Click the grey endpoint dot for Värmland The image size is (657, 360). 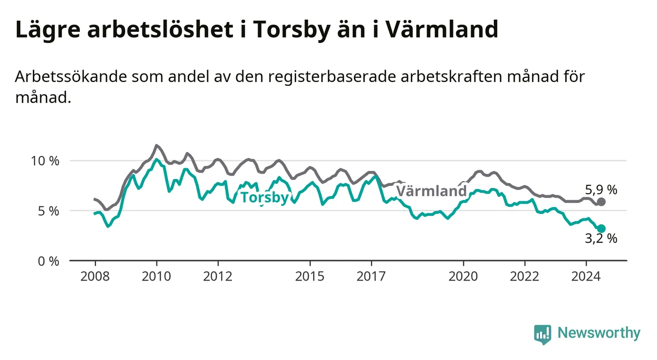[601, 202]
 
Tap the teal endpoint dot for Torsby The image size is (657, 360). [601, 229]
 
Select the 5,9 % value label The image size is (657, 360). [601, 190]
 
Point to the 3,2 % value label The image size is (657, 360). [601, 238]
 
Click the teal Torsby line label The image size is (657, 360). [265, 197]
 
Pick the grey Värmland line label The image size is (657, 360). [431, 191]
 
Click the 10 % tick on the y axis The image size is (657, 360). [45, 161]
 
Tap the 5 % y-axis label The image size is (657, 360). [49, 211]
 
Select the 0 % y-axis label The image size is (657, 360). [49, 261]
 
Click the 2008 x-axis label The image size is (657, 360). [95, 277]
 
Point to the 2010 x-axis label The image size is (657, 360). [156, 277]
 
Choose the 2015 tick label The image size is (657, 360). [310, 277]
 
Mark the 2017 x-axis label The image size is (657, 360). [371, 277]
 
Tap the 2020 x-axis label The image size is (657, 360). [463, 277]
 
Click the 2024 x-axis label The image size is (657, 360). [586, 277]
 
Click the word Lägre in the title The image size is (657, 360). [48, 29]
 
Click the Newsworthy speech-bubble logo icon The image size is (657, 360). [543, 334]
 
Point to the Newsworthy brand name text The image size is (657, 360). [599, 333]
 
